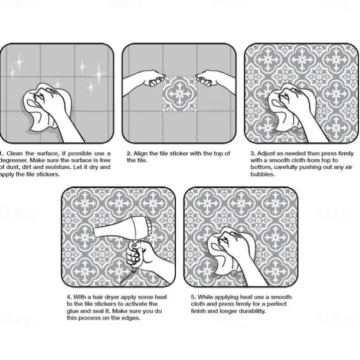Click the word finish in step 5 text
pyautogui.click(x=199, y=310)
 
